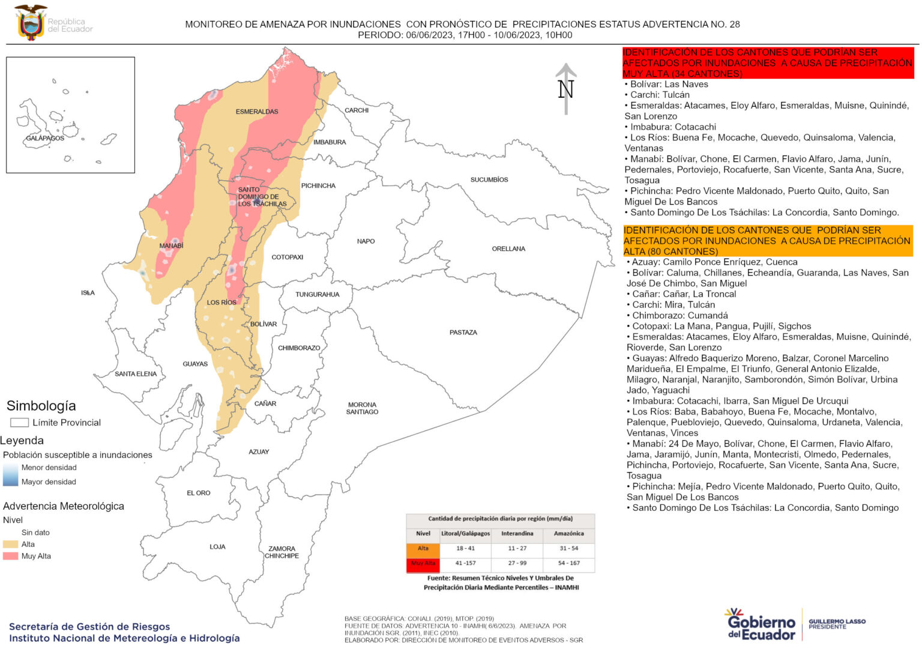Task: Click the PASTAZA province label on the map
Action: tap(463, 332)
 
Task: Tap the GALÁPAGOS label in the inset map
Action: tap(45, 138)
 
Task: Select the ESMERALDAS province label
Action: tap(257, 112)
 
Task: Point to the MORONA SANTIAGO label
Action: tap(362, 408)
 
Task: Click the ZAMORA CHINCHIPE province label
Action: tap(282, 552)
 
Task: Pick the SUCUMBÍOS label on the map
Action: tap(489, 180)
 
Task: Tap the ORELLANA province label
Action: tap(508, 249)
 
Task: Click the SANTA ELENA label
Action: tap(136, 373)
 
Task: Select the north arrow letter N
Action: tap(565, 89)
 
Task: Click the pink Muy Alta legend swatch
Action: tap(11, 556)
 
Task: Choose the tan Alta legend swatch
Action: tap(11, 544)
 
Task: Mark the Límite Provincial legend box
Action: tap(19, 423)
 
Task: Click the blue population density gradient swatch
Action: tap(10, 474)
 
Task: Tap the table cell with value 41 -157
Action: tap(465, 563)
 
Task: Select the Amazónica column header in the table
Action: tap(568, 533)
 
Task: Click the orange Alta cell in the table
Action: tap(423, 549)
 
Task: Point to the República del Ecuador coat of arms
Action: tap(31, 23)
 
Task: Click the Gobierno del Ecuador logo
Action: tap(761, 624)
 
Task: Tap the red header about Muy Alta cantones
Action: tap(768, 63)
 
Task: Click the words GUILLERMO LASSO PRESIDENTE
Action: tap(837, 624)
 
